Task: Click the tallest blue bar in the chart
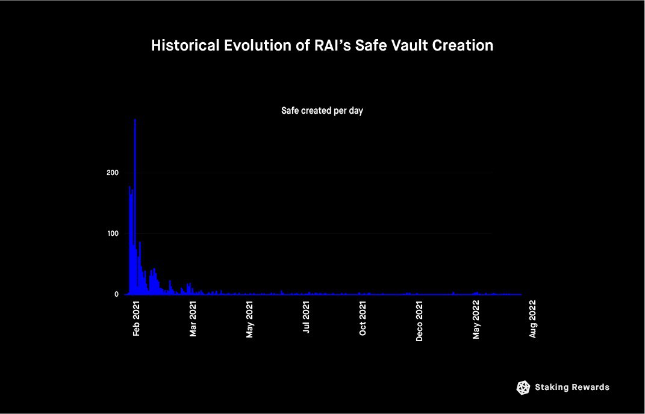pyautogui.click(x=135, y=206)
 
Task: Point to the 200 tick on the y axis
pyautogui.click(x=112, y=173)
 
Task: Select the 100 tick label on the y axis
pyautogui.click(x=112, y=233)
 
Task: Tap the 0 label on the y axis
pyautogui.click(x=116, y=294)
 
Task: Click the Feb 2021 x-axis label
pyautogui.click(x=136, y=318)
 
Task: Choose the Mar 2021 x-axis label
pyautogui.click(x=193, y=318)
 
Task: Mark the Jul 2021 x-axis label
pyautogui.click(x=306, y=317)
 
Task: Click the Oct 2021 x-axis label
pyautogui.click(x=363, y=318)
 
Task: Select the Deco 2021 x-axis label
pyautogui.click(x=419, y=321)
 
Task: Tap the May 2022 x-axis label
pyautogui.click(x=476, y=320)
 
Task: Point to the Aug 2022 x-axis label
pyautogui.click(x=533, y=320)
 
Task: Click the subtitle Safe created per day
pyautogui.click(x=322, y=111)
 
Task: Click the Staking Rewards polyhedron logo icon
pyautogui.click(x=523, y=388)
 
